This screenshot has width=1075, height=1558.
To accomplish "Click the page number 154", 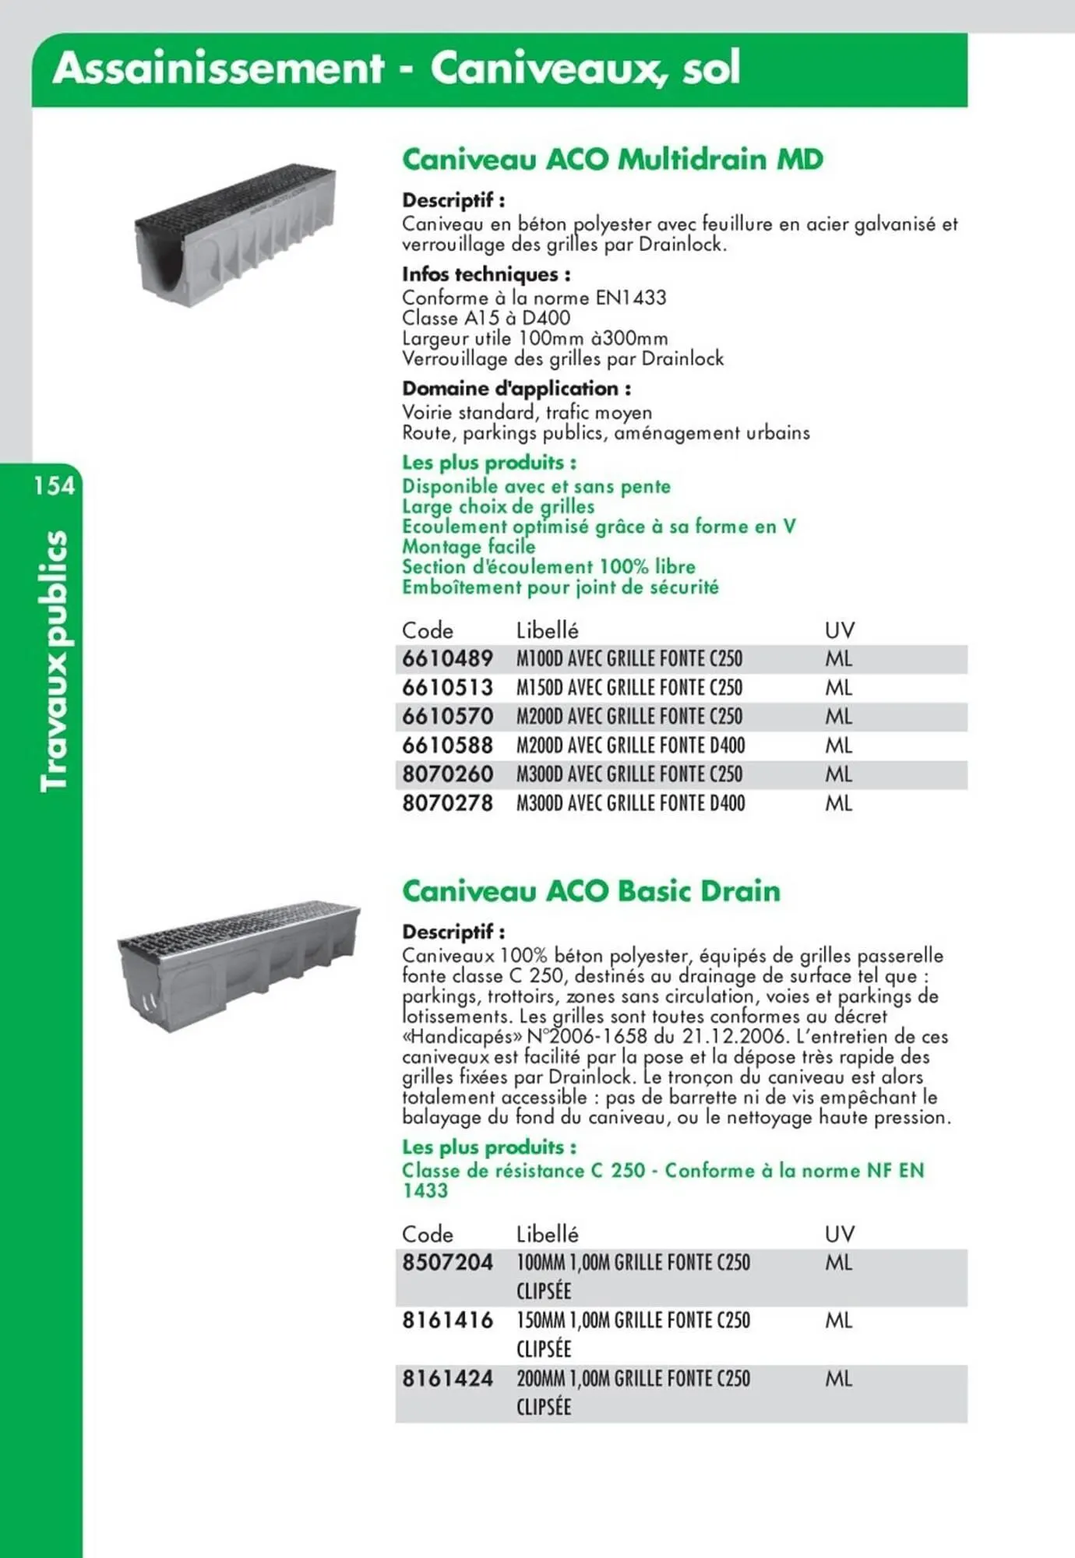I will (x=55, y=486).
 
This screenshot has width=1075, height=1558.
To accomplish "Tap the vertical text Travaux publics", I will (x=55, y=661).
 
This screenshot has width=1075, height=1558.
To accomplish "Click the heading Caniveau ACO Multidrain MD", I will (x=612, y=159).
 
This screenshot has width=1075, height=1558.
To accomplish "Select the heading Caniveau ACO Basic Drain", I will (x=590, y=890).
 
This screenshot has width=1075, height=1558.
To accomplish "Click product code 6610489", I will (x=447, y=659).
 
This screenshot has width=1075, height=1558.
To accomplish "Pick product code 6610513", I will (x=447, y=688).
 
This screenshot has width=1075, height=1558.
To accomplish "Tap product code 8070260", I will (x=447, y=774).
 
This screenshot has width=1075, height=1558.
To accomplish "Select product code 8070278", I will (x=447, y=803).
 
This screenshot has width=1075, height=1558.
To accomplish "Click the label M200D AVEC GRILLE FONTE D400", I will (x=630, y=746).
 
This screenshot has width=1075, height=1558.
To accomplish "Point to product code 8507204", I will (x=447, y=1263).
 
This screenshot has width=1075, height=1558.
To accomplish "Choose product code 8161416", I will (x=447, y=1320).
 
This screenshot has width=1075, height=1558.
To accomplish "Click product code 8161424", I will (x=447, y=1379).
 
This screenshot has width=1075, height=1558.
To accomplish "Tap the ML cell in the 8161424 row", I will (x=838, y=1379).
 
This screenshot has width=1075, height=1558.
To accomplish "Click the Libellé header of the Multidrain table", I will (x=547, y=630).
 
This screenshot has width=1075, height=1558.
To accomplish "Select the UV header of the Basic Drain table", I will (x=839, y=1234).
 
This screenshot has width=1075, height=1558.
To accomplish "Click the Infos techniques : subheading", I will (x=486, y=274).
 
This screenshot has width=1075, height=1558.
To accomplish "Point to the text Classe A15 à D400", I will (x=486, y=318).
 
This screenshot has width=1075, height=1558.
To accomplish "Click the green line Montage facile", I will (x=468, y=547).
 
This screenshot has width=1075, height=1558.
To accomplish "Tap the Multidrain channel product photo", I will (x=235, y=235).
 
